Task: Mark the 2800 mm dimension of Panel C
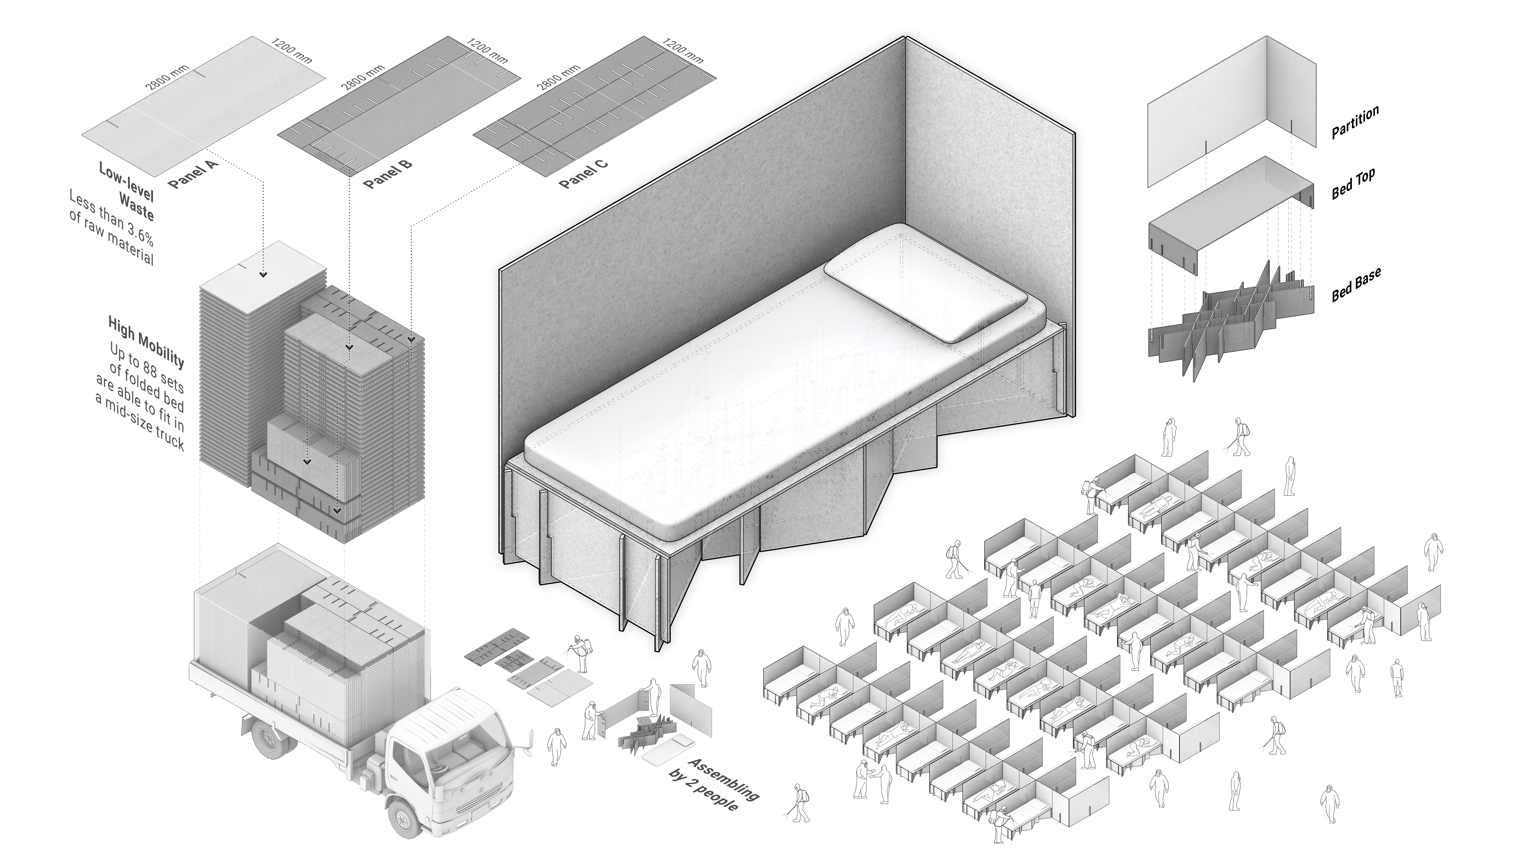coord(558,77)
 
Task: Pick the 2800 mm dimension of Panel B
coord(362,77)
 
